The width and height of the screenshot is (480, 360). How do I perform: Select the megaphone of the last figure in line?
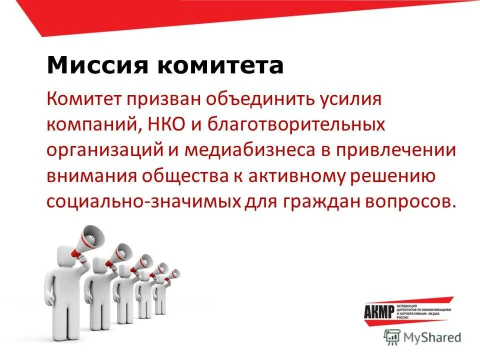tap(173, 274)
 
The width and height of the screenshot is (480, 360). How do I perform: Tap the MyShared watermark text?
tap(432, 337)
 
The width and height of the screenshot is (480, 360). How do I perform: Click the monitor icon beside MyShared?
tap(392, 337)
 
